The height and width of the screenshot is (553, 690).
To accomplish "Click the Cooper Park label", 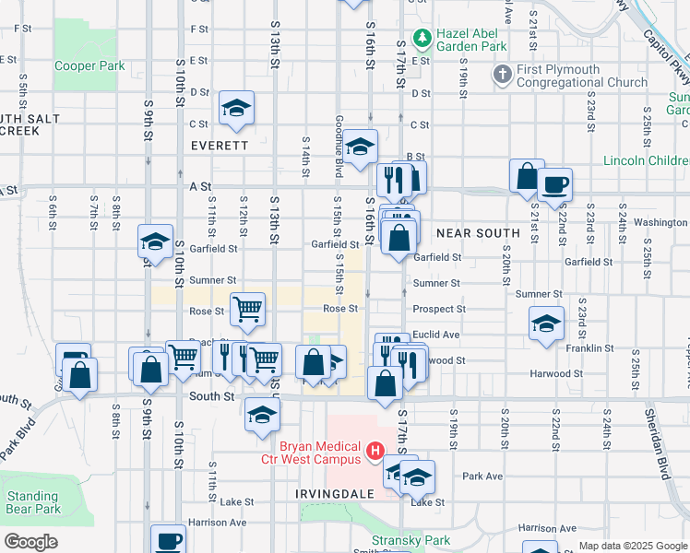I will coord(89,66).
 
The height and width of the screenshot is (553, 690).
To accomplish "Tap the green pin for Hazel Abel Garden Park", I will coord(422,38).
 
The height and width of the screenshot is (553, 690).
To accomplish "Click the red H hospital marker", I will coord(375,452).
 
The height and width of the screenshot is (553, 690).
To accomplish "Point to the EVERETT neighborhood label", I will coord(220,146).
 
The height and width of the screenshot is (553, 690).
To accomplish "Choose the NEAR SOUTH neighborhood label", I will coord(476,234).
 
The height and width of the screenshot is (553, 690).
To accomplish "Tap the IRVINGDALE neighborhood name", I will coord(335,493).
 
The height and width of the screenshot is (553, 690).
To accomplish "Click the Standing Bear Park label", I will coord(33,502).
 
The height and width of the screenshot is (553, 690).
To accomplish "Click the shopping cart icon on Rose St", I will coord(248,310).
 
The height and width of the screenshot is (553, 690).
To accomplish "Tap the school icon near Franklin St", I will coord(546,324).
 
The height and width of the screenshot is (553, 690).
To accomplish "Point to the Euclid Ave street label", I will coord(436,335).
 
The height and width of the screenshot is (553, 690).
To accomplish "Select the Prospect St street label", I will coord(439,309).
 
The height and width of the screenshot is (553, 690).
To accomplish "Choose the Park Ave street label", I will coord(482,477).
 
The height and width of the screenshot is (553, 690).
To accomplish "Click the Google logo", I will coord(30,542).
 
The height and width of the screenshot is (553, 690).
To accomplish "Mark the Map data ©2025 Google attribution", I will coord(632,546).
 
